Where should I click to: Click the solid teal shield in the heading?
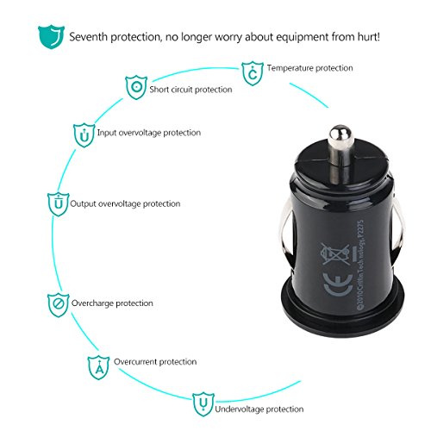pyautogui.click(x=51, y=37)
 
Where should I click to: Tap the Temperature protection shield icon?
pyautogui.click(x=253, y=73)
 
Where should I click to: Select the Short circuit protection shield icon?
pyautogui.click(x=136, y=87)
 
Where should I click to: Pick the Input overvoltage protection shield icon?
pyautogui.click(x=84, y=135)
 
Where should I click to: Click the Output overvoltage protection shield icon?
pyautogui.click(x=59, y=204)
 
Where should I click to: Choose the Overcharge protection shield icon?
pyautogui.click(x=59, y=305)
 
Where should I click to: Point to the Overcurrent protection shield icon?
pyautogui.click(x=98, y=367)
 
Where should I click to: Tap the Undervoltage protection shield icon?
pyautogui.click(x=203, y=404)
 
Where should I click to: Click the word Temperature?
pyautogui.click(x=290, y=68)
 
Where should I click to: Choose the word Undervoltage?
pyautogui.click(x=240, y=409)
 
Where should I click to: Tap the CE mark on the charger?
pyautogui.click(x=338, y=284)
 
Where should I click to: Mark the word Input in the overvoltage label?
pyautogui.click(x=107, y=133)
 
